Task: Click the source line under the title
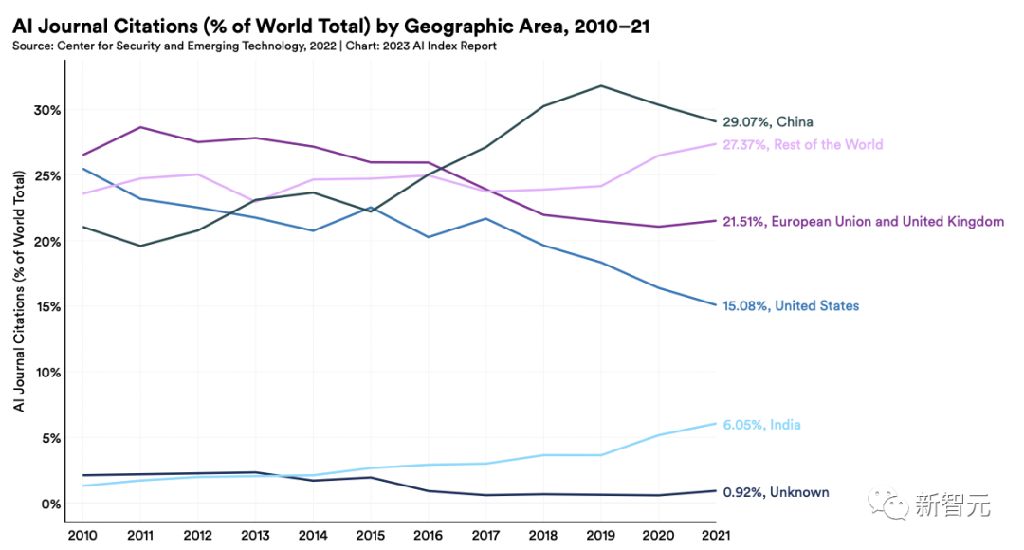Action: [x=254, y=46]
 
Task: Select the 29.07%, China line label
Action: [x=768, y=122]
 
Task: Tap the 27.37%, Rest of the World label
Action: [x=802, y=145]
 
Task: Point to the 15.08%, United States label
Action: [x=791, y=306]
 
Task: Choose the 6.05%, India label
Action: [x=761, y=425]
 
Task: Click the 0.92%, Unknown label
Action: [x=776, y=492]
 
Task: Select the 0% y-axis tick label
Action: [x=49, y=504]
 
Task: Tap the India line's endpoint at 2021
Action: [x=715, y=423]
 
